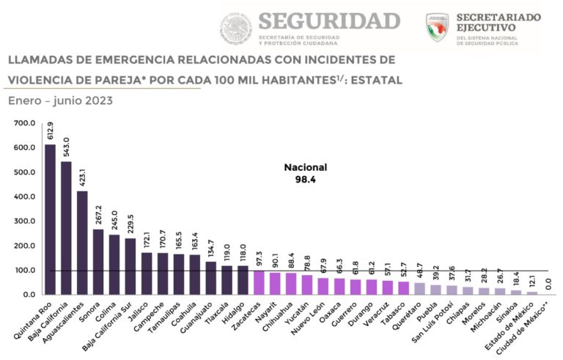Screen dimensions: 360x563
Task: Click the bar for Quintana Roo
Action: coord(50,219)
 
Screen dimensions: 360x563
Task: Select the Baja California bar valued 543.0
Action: coord(66,228)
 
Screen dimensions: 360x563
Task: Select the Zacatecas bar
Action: coord(259,282)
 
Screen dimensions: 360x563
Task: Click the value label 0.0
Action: coord(548,282)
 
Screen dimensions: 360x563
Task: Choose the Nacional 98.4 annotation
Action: coord(305,173)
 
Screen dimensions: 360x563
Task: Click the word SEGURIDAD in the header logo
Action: coord(329,20)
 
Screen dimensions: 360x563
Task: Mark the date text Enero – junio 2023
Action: coord(60,101)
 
